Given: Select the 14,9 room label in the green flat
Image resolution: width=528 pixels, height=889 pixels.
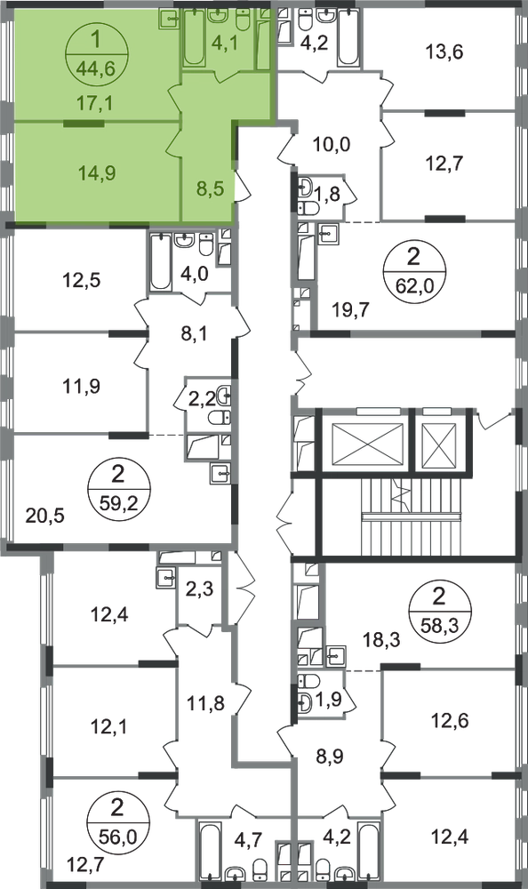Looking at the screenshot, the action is point(97,172).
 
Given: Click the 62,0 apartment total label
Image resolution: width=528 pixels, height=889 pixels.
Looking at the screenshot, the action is point(414,285).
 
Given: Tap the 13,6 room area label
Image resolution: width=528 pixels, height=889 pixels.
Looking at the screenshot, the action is point(444,52).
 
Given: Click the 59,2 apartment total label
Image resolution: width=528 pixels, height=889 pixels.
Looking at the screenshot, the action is point(118,501).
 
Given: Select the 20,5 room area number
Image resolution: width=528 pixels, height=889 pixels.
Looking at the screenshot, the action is point(46,516).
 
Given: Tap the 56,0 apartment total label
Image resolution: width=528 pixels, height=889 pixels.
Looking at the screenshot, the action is point(117,835).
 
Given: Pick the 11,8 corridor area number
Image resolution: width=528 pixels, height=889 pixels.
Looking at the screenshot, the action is point(206,703).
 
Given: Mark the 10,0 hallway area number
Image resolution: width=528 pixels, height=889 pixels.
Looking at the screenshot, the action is point(332,144).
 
